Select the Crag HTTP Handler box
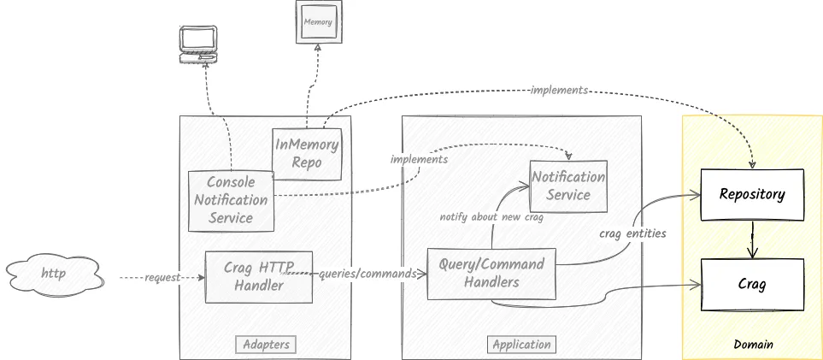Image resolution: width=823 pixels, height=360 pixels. [x=259, y=276]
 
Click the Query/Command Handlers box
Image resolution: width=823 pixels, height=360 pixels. [x=491, y=274]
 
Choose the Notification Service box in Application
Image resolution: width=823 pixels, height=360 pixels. [x=568, y=186]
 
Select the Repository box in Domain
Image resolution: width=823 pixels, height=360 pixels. [x=752, y=194]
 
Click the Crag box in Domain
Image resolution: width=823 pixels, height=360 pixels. [x=752, y=285]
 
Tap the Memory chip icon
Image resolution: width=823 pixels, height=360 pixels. [x=318, y=21]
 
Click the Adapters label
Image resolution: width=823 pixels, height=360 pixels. [x=266, y=345]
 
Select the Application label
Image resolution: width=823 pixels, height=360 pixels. [x=521, y=345]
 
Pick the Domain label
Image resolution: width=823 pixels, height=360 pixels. [x=753, y=345]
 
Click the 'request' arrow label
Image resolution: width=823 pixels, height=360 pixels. [x=162, y=278]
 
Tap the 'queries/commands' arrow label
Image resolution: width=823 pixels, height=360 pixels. [x=367, y=274]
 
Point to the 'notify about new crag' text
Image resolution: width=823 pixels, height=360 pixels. [x=491, y=217]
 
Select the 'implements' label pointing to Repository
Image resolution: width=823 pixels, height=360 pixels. [x=558, y=90]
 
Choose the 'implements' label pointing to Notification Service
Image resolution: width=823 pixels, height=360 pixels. [x=419, y=159]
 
